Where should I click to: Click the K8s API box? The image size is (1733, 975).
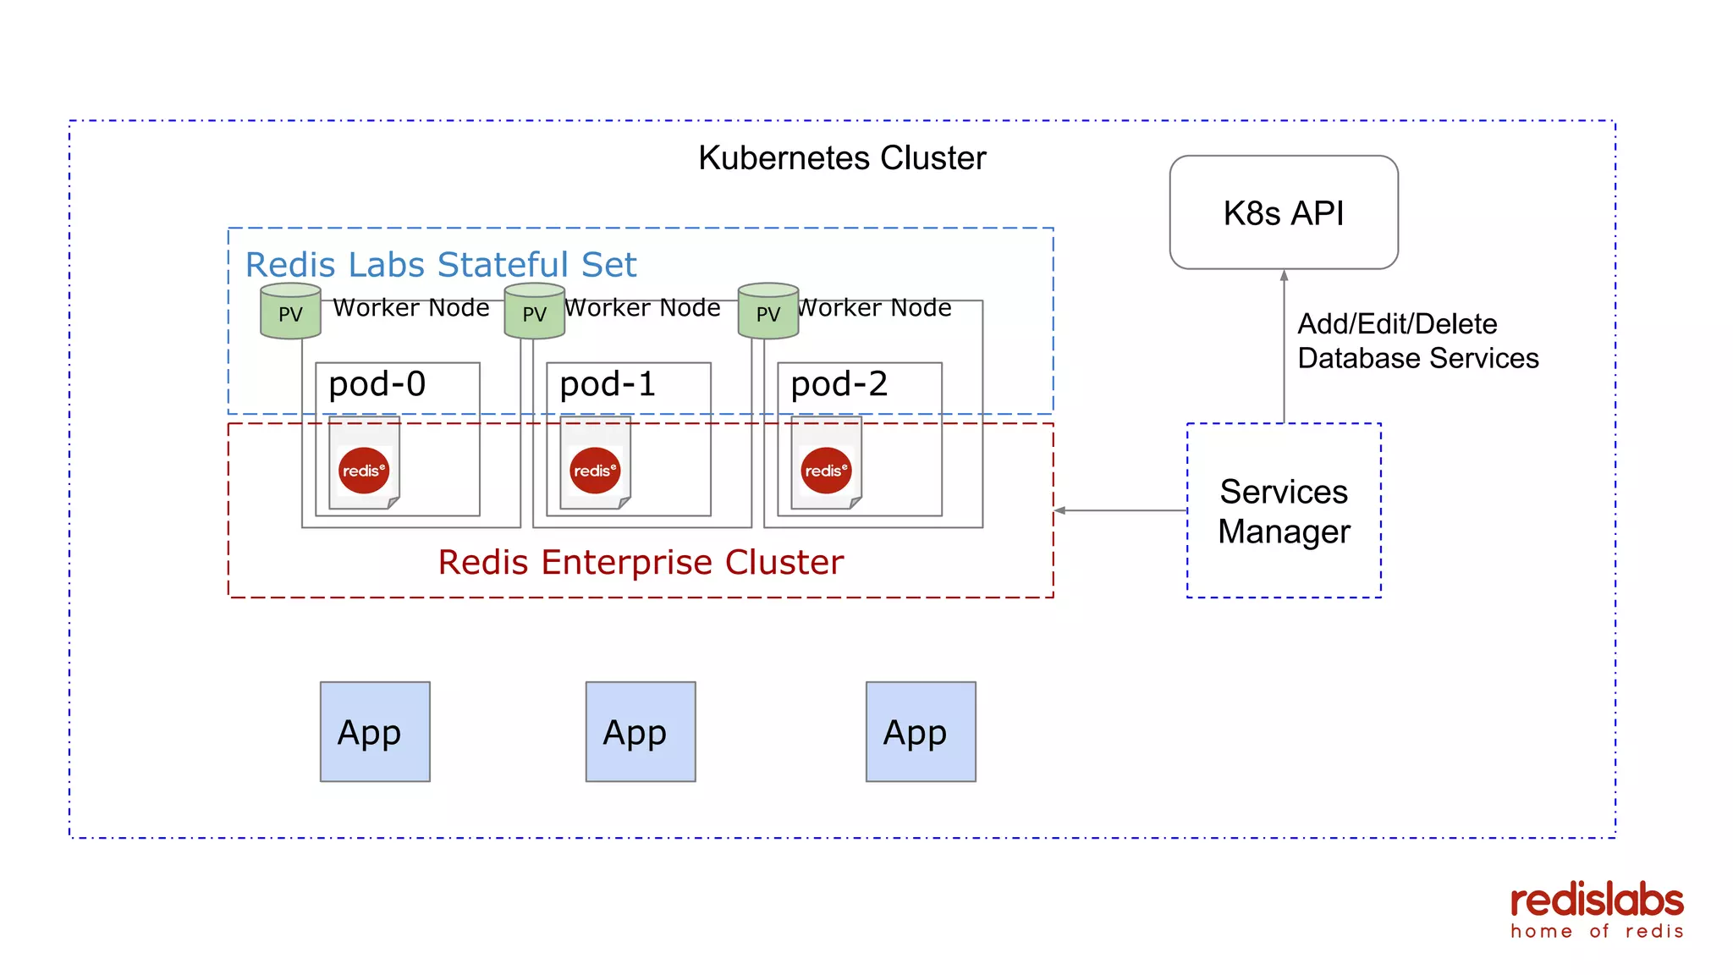[x=1283, y=212]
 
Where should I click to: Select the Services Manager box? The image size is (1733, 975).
[x=1283, y=510]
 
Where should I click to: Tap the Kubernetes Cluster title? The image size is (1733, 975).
[x=842, y=158]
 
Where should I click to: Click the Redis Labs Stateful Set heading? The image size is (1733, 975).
[x=440, y=265]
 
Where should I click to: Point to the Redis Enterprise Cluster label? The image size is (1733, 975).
[x=641, y=563]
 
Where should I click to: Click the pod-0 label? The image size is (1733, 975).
[x=377, y=384]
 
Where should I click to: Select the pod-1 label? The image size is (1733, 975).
[x=608, y=384]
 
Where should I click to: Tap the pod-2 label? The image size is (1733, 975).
[x=839, y=384]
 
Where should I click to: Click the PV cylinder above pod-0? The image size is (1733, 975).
[x=290, y=311]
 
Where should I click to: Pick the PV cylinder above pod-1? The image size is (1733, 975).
[x=534, y=311]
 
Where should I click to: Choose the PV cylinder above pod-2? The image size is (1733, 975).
[x=767, y=311]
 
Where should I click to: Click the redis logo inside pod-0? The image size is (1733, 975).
[x=364, y=471]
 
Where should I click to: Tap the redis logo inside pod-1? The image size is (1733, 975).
[x=595, y=471]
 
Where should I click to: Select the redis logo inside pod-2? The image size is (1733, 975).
[x=826, y=471]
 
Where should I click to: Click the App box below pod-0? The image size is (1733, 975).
[x=375, y=731]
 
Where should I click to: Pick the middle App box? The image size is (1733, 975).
[x=641, y=731]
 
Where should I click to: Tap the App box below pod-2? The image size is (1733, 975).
[x=921, y=731]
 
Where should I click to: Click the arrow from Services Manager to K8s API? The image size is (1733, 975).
[x=1284, y=347]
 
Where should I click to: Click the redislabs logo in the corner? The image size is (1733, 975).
[x=1596, y=911]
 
